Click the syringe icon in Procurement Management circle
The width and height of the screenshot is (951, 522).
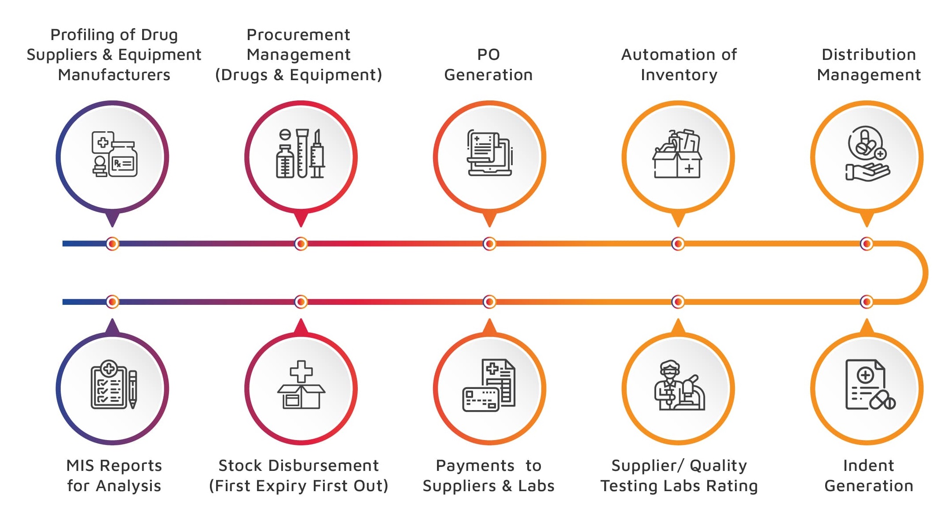click(x=317, y=154)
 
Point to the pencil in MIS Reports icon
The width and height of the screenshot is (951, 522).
click(x=132, y=389)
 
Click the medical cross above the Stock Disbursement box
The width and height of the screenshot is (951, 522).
click(x=301, y=372)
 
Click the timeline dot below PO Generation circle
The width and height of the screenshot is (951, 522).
click(x=489, y=244)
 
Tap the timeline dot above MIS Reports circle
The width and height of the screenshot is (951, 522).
click(x=113, y=302)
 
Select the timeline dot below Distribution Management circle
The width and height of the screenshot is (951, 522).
click(x=867, y=244)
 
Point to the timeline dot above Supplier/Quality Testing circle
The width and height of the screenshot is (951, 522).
click(x=678, y=302)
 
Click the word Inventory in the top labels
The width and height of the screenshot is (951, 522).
click(x=679, y=75)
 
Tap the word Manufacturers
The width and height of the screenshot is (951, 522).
click(x=114, y=75)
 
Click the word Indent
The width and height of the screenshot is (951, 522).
click(x=868, y=466)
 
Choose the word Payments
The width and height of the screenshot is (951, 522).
click(x=475, y=466)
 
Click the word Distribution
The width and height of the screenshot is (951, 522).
click(x=869, y=55)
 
